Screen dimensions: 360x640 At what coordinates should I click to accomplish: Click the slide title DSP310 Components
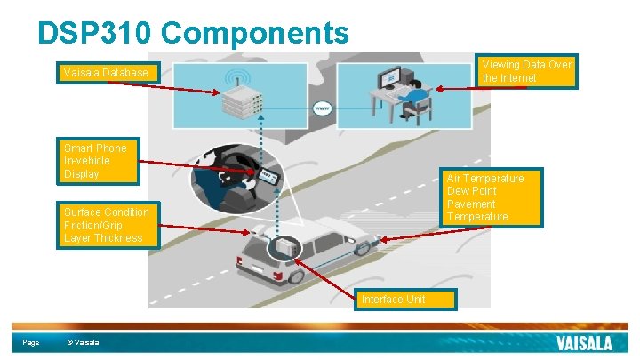point(193,33)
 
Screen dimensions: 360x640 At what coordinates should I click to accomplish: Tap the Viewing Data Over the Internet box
point(527,72)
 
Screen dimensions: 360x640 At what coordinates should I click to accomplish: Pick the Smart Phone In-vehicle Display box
point(100,161)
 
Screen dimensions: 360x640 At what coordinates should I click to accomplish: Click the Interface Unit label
point(404,299)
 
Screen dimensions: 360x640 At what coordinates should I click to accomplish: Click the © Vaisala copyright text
point(84,343)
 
